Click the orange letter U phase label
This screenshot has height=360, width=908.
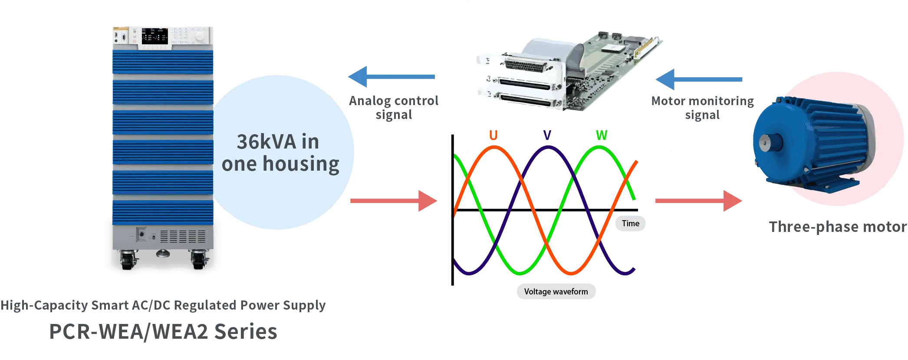point(493,135)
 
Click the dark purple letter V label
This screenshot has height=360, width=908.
point(547,135)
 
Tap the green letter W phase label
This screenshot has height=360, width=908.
point(601,135)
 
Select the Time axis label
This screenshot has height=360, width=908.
point(630,224)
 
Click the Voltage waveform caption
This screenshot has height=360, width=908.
point(556,292)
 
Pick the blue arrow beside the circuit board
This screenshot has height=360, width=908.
point(699,80)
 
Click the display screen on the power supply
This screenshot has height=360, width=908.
point(155,36)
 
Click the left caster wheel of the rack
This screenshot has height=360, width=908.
point(127,259)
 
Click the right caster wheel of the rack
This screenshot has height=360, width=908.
point(198,259)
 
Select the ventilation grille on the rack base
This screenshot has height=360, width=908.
point(183,237)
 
